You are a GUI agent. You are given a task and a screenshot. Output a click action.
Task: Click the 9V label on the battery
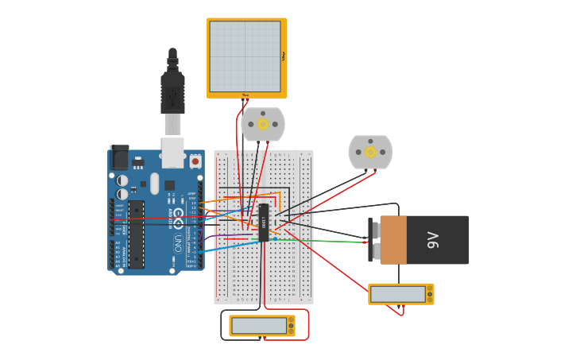[x=433, y=240]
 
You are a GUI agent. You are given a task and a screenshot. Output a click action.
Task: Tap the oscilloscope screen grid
[x=245, y=56]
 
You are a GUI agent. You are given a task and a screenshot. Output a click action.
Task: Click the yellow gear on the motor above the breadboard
[x=263, y=124]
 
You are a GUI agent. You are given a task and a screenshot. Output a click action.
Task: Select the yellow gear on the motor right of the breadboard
[x=370, y=152]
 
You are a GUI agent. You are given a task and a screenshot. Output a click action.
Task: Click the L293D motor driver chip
[x=264, y=223]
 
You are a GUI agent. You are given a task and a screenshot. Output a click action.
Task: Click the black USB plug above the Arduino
[x=172, y=91]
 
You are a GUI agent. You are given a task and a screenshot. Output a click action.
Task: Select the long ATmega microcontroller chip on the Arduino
[x=137, y=234]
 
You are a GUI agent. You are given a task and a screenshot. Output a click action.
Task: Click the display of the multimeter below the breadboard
[x=259, y=326]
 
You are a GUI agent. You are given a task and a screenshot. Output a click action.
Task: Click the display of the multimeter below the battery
[x=397, y=294]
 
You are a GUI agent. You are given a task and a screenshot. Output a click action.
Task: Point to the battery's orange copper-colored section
[x=393, y=240]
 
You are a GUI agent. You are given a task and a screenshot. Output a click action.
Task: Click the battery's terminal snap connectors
[x=375, y=240]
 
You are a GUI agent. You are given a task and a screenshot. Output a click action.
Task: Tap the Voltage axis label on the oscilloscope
[x=284, y=56]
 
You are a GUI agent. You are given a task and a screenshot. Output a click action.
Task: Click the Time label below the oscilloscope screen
[x=245, y=95]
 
